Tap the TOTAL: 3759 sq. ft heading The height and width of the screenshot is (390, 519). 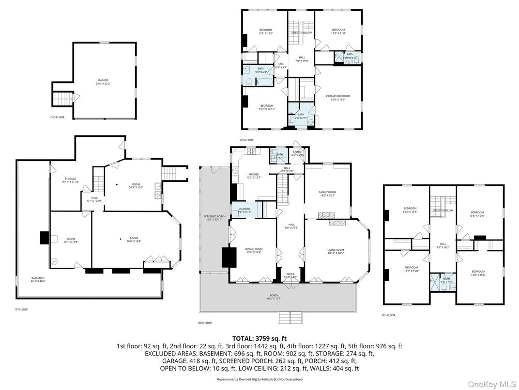pyautogui.click(x=259, y=338)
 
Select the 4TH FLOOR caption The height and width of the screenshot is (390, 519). pyautogui.click(x=246, y=140)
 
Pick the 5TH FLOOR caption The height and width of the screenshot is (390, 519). pyautogui.click(x=388, y=315)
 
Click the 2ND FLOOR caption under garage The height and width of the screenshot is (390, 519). pyautogui.click(x=57, y=117)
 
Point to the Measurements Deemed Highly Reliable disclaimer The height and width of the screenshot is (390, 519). pyautogui.click(x=259, y=379)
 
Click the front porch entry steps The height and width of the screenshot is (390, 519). pyautogui.click(x=290, y=317)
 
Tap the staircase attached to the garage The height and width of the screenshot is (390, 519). pyautogui.click(x=61, y=99)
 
